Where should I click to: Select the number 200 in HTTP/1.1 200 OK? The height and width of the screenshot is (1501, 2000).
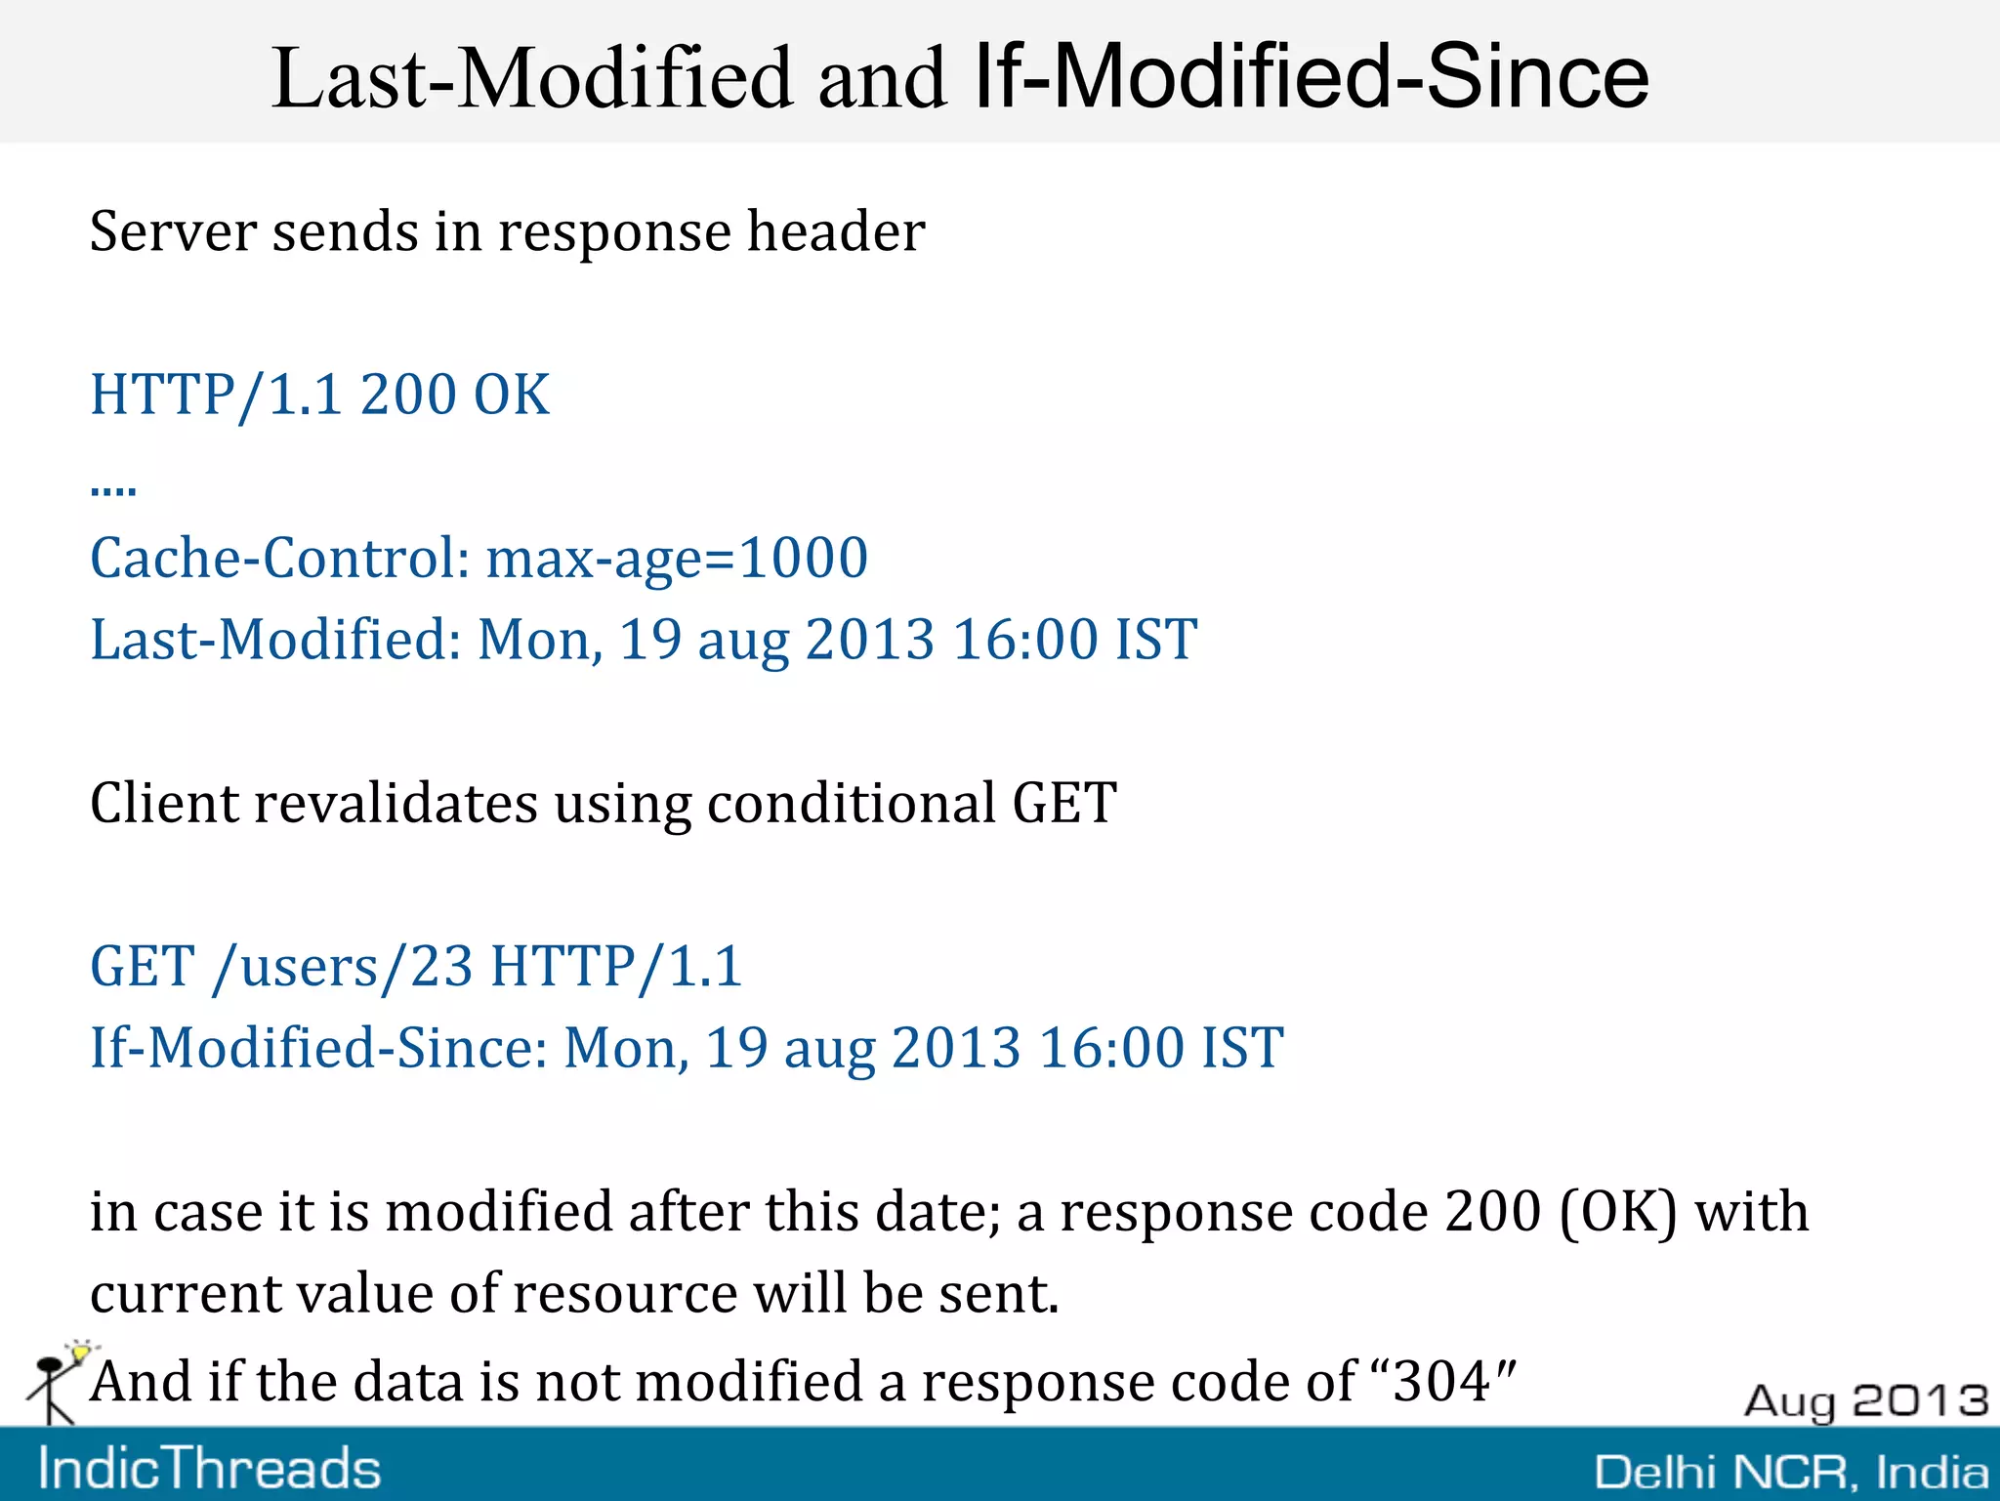point(407,396)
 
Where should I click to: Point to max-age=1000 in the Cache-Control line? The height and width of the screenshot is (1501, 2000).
point(677,559)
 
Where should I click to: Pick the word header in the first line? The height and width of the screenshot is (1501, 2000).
point(836,232)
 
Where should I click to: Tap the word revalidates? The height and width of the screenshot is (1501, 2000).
point(396,804)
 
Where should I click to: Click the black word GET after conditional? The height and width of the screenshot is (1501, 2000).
point(1064,804)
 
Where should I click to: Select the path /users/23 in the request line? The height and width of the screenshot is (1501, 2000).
point(343,967)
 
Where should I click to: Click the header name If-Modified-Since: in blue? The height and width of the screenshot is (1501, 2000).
point(318,1049)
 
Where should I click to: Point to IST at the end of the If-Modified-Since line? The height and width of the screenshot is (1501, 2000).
point(1242,1049)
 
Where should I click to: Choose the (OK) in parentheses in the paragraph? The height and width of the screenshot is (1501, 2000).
point(1618,1213)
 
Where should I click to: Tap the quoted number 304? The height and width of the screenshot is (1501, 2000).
point(1441,1382)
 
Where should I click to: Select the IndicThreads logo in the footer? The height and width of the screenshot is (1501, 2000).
point(209,1468)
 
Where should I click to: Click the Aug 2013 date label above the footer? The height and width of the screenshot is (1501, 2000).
point(1866,1400)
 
